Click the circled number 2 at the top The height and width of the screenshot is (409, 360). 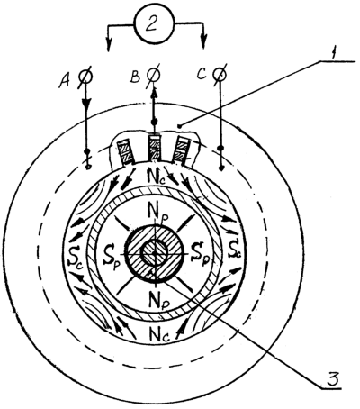click(154, 23)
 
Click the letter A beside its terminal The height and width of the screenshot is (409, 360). click(66, 80)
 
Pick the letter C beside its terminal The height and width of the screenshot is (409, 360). click(202, 74)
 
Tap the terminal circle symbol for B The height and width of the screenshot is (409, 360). click(154, 74)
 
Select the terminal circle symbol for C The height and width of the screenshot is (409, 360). click(220, 74)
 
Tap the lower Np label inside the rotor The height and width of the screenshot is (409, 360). click(158, 298)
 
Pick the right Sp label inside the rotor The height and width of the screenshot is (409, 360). click(201, 251)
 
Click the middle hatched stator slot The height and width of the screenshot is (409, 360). click(155, 148)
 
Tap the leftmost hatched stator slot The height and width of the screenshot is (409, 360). click(125, 152)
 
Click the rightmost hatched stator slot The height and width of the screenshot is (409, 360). click(183, 150)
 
